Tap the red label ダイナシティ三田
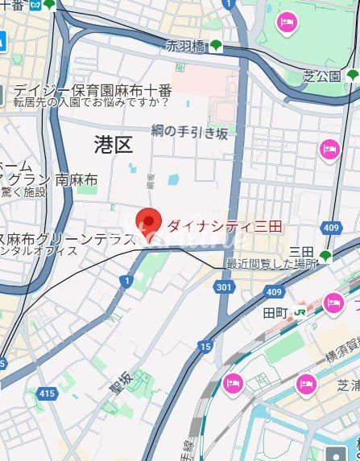click(x=224, y=227)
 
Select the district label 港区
click(x=113, y=145)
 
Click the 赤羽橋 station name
click(x=186, y=46)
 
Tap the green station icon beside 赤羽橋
click(x=215, y=47)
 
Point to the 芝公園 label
click(x=325, y=76)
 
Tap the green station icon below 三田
click(x=325, y=257)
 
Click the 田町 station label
click(x=275, y=311)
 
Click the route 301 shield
click(x=226, y=286)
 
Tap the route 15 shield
click(x=206, y=347)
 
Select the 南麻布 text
click(x=77, y=179)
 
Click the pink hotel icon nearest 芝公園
click(x=288, y=23)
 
